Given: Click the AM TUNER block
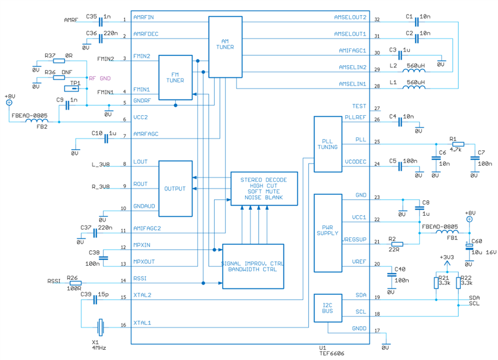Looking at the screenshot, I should [225, 46].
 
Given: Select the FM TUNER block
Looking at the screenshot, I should [175, 77].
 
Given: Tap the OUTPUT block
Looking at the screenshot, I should [175, 188].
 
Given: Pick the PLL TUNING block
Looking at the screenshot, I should [328, 144].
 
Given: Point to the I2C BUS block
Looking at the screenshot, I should [328, 308].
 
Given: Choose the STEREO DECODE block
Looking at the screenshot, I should [264, 188].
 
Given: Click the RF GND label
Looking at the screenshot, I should [100, 79].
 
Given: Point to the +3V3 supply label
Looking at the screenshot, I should [447, 257].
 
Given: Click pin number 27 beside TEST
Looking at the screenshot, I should [377, 108].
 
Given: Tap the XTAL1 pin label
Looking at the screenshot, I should [142, 323].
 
